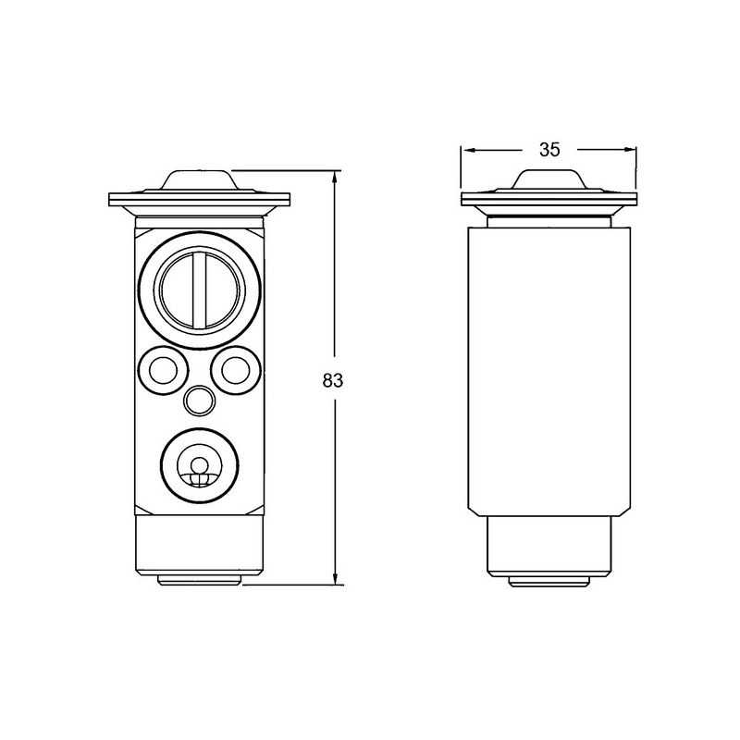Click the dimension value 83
(x=334, y=380)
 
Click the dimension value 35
(x=549, y=150)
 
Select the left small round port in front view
(x=161, y=370)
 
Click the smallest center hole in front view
(x=199, y=401)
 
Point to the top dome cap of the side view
(x=549, y=179)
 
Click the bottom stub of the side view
(x=549, y=580)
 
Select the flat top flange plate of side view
(x=549, y=199)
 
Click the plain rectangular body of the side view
(x=549, y=370)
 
